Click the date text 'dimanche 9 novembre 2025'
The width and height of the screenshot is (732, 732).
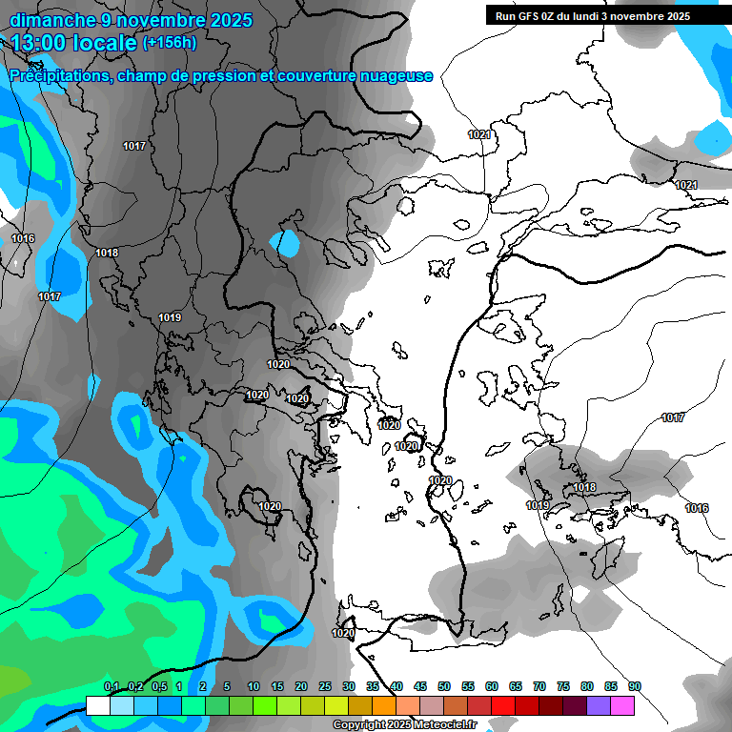tap(131, 20)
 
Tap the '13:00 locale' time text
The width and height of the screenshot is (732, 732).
tap(71, 43)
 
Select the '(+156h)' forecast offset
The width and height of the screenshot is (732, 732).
tap(170, 43)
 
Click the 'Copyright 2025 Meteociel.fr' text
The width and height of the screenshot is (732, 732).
tap(404, 725)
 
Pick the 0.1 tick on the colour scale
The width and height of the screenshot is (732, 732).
tap(112, 686)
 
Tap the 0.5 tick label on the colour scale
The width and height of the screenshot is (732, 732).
tap(158, 686)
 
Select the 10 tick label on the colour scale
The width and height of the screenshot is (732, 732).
tap(254, 686)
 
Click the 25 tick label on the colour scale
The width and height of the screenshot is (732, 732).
tap(325, 686)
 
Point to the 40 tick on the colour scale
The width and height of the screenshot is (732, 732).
tap(396, 686)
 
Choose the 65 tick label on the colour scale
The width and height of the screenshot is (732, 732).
tap(516, 686)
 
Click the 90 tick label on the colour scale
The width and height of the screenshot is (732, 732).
tap(635, 686)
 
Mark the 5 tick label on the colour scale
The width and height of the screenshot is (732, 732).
tap(227, 686)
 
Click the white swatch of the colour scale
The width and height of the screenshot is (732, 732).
tap(98, 705)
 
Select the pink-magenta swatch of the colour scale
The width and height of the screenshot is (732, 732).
tap(622, 705)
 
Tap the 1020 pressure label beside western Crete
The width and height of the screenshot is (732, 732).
tap(343, 633)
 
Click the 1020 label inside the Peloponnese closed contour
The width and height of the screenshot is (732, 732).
tap(270, 506)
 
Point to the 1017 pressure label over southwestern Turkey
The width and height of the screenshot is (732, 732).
tap(673, 417)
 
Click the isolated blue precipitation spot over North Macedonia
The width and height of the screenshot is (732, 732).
tap(285, 244)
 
